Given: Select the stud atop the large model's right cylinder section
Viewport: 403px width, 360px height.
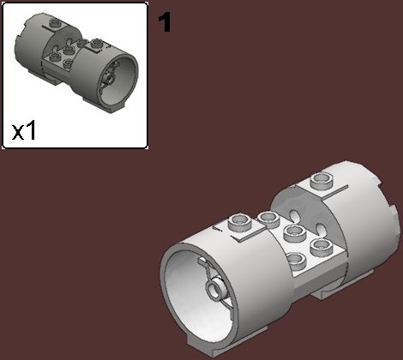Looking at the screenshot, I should tap(322, 180).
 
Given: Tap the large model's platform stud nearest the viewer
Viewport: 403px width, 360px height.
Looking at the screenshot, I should tap(296, 261).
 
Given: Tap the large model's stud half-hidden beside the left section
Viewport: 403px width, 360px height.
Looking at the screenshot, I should tap(265, 215).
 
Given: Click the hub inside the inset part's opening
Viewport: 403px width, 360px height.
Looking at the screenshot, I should tap(110, 75).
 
